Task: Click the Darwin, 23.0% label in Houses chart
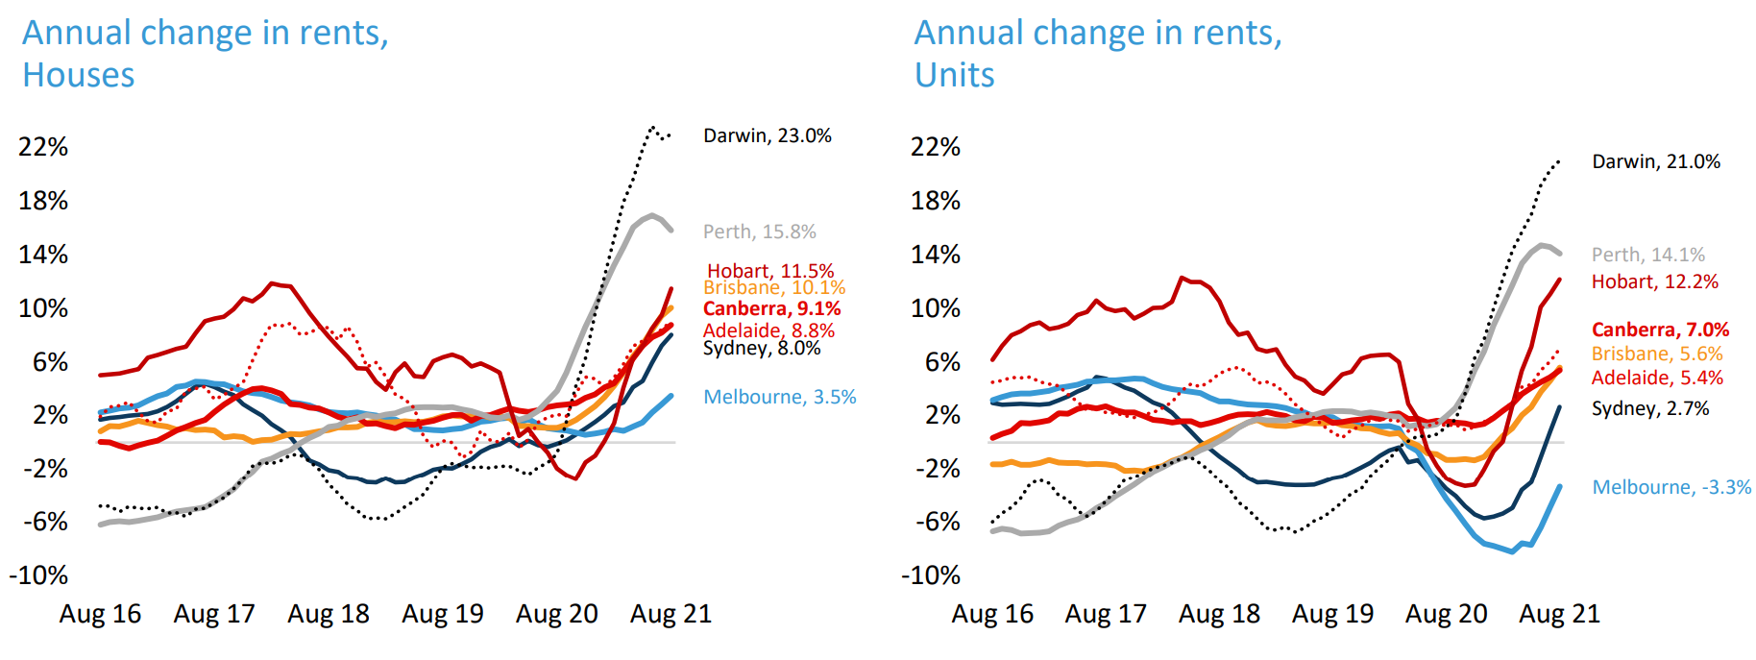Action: coord(767,135)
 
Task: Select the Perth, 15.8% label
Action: coord(759,232)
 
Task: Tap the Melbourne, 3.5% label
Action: coord(779,397)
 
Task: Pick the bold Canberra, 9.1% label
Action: coord(771,308)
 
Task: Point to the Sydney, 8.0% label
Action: coord(761,348)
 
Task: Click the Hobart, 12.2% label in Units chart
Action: coord(1654,281)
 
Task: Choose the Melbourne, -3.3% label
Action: coord(1671,487)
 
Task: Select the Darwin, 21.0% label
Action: coord(1655,161)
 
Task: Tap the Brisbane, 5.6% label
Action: coord(1656,354)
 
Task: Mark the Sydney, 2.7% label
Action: coord(1649,408)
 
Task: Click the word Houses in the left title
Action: coord(79,75)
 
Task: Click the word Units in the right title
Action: coord(954,75)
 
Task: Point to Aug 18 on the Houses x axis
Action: coord(328,614)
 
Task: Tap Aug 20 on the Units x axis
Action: coord(1446,614)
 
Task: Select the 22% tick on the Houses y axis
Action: coord(43,147)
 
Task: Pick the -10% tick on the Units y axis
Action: coord(930,575)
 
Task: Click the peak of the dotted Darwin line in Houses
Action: coord(653,127)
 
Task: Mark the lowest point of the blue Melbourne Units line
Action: coord(1512,551)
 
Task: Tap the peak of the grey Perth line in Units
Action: coord(1541,245)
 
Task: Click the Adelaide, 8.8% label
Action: coord(768,330)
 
